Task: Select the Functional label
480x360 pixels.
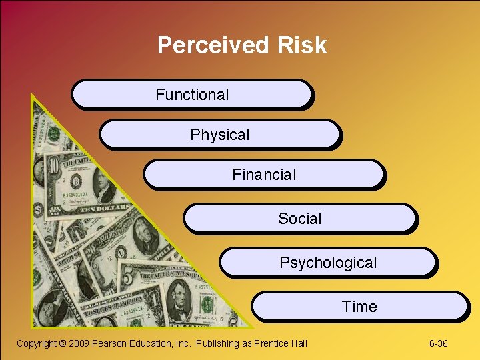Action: click(192, 95)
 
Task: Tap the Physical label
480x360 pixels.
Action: click(220, 135)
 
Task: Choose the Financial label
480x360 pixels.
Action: click(264, 175)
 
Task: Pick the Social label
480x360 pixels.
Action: click(300, 219)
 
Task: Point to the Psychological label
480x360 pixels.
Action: click(328, 263)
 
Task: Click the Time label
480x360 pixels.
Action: click(359, 307)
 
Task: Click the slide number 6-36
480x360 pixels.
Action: click(438, 343)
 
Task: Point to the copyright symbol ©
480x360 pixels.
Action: click(63, 343)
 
